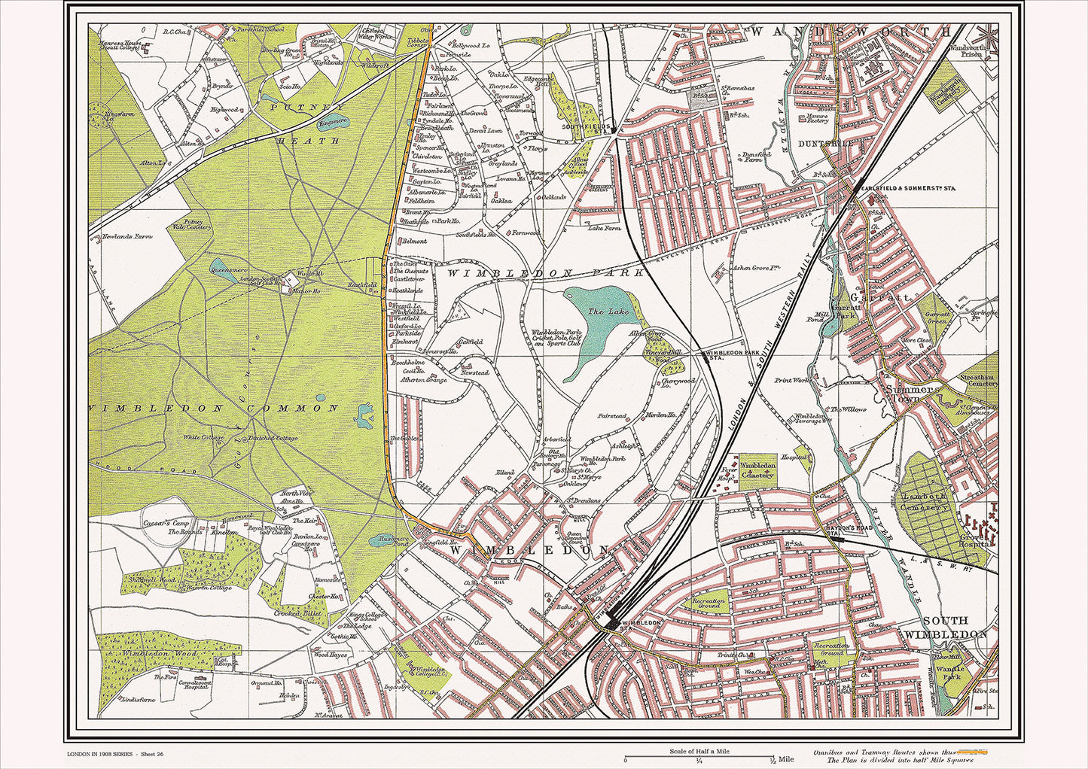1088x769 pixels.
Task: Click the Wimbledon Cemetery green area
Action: pos(757,471)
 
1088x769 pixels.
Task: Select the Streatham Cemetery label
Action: pos(978,381)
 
